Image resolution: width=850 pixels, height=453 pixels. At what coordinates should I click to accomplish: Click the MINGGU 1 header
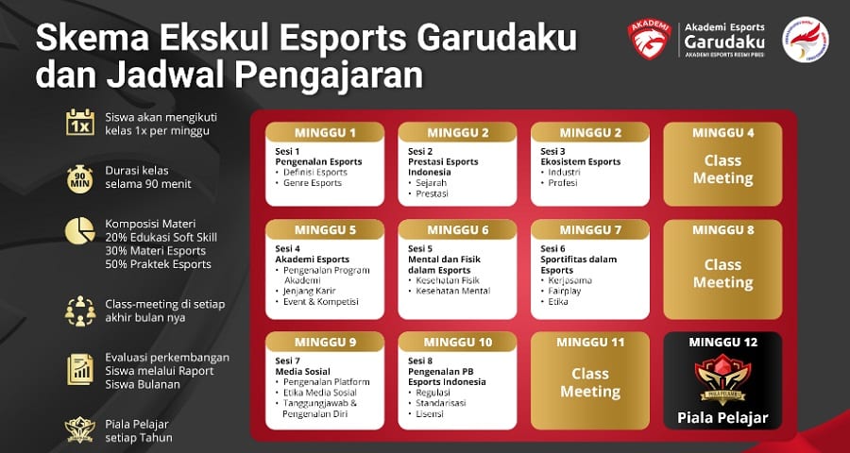click(x=325, y=133)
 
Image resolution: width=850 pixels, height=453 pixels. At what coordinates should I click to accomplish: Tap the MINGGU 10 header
click(x=457, y=343)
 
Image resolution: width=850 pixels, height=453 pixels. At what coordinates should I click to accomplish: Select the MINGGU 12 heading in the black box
click(x=723, y=343)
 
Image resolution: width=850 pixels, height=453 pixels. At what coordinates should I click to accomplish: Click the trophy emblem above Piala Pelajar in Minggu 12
click(x=722, y=379)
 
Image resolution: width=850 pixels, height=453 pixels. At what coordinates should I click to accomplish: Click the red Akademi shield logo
click(x=650, y=39)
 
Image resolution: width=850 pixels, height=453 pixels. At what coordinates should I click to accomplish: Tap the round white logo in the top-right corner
click(x=806, y=39)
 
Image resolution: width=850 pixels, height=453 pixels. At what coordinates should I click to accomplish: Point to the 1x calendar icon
click(x=80, y=123)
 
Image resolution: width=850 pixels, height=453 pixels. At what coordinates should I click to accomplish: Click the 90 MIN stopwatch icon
click(x=80, y=178)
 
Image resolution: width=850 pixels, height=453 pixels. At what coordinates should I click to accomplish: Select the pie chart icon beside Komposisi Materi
click(x=79, y=231)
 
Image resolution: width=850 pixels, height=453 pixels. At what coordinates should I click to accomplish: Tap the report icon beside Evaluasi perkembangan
click(x=80, y=370)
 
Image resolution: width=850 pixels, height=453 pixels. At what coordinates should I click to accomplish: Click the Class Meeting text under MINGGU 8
click(x=723, y=274)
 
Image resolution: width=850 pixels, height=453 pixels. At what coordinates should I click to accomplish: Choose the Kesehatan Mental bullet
click(x=449, y=291)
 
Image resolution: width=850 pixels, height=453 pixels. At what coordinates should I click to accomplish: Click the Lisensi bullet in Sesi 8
click(x=426, y=414)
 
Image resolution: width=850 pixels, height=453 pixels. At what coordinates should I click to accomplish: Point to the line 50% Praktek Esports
click(x=159, y=265)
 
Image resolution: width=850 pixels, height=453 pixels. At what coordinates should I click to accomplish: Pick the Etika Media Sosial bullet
click(x=315, y=393)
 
